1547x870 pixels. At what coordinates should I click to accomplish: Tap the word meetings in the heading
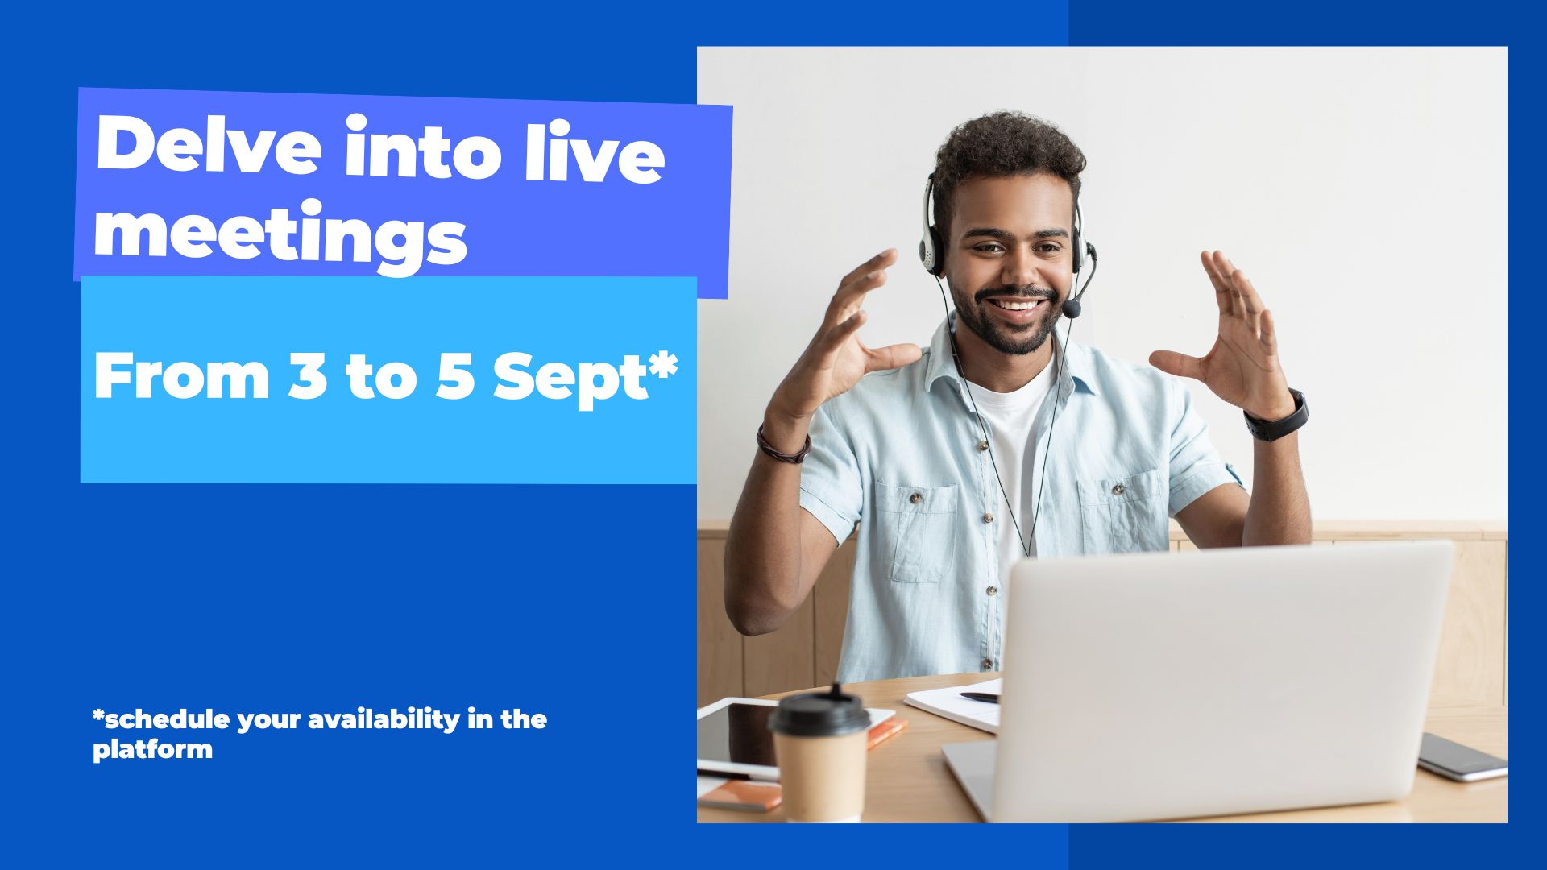pos(280,233)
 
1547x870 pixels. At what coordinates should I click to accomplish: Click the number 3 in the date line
pos(308,375)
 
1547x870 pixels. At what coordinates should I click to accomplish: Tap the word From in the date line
pos(181,375)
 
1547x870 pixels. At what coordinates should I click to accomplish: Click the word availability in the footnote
pos(383,719)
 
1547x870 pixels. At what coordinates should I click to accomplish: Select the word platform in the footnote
pos(152,749)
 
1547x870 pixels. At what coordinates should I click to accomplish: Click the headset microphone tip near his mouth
pos(1072,309)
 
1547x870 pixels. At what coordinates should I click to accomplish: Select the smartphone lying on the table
pos(1462,757)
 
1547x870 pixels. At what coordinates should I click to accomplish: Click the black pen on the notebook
pos(979,697)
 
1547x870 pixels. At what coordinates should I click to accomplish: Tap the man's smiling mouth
pos(1017,307)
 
